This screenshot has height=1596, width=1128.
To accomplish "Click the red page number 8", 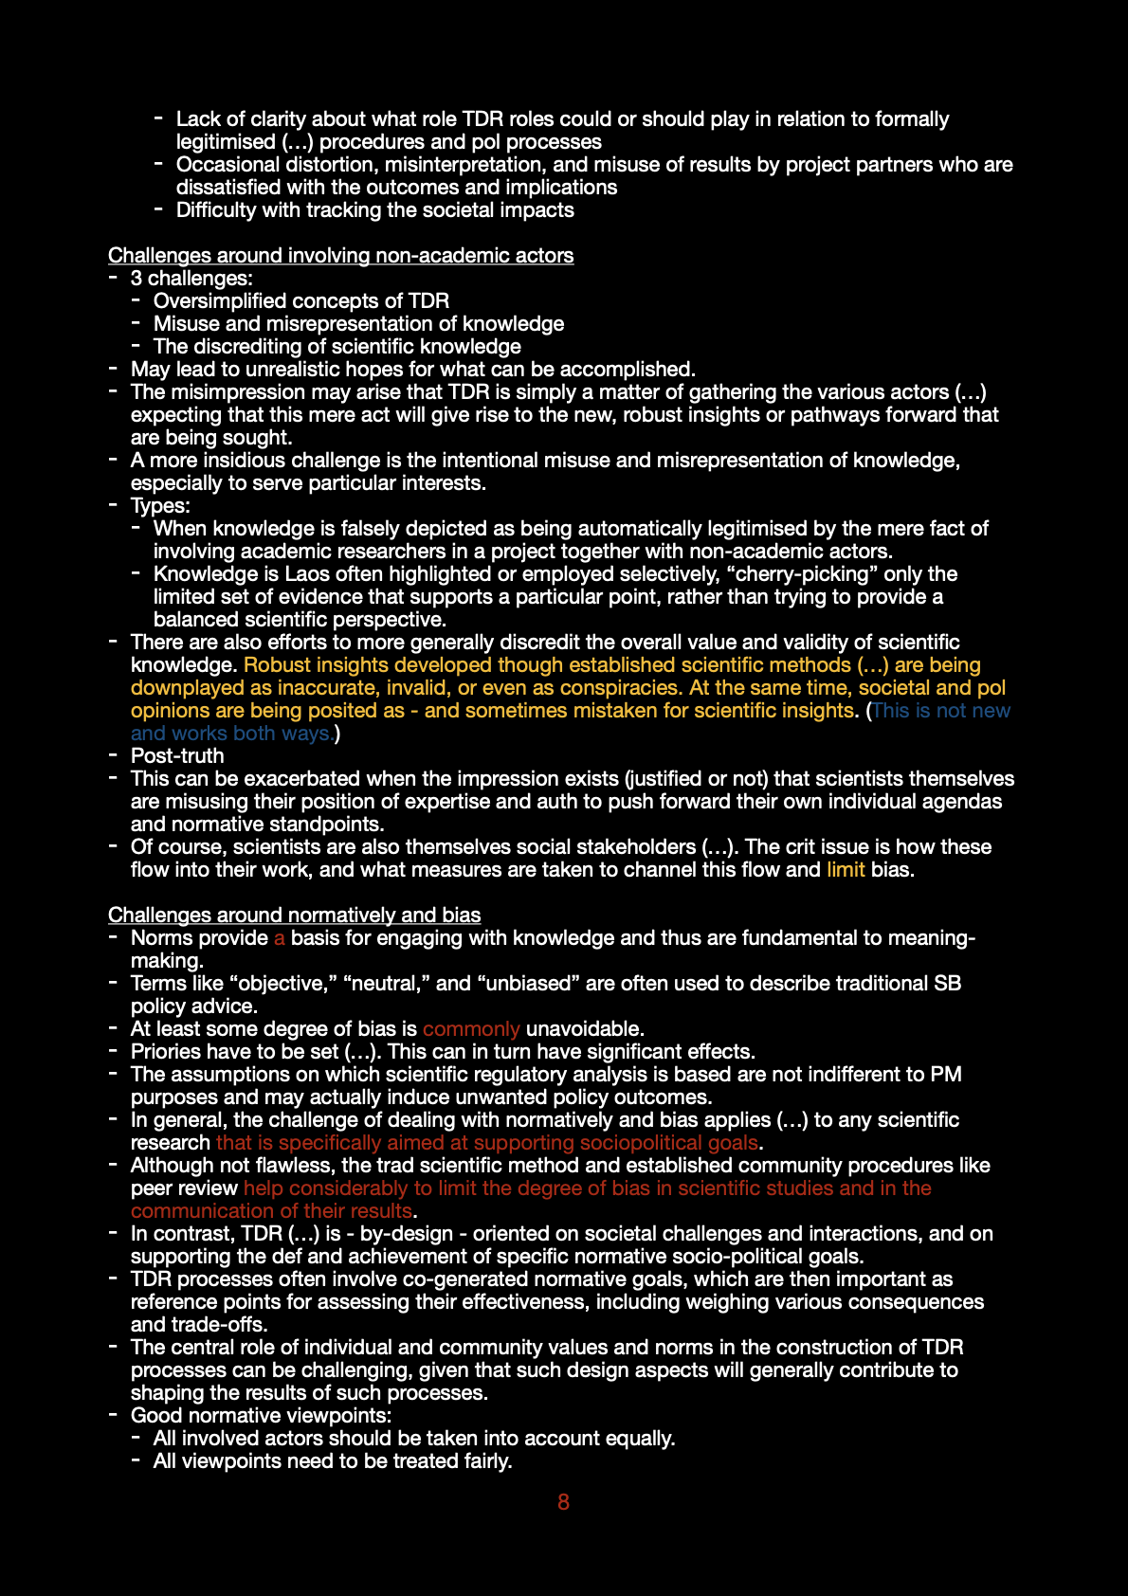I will [x=563, y=1502].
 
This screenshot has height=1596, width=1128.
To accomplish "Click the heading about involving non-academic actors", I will [x=340, y=256].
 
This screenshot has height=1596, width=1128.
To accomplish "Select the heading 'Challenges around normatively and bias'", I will [x=294, y=916].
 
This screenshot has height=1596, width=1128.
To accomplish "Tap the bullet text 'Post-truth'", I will [x=177, y=756].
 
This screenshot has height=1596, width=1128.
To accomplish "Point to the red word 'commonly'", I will [x=471, y=1029].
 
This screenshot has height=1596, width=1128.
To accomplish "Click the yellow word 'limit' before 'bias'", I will [x=846, y=870].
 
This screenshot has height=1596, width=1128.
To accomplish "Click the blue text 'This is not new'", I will [x=941, y=711].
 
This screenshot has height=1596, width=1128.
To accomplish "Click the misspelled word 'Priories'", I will [x=167, y=1052].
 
